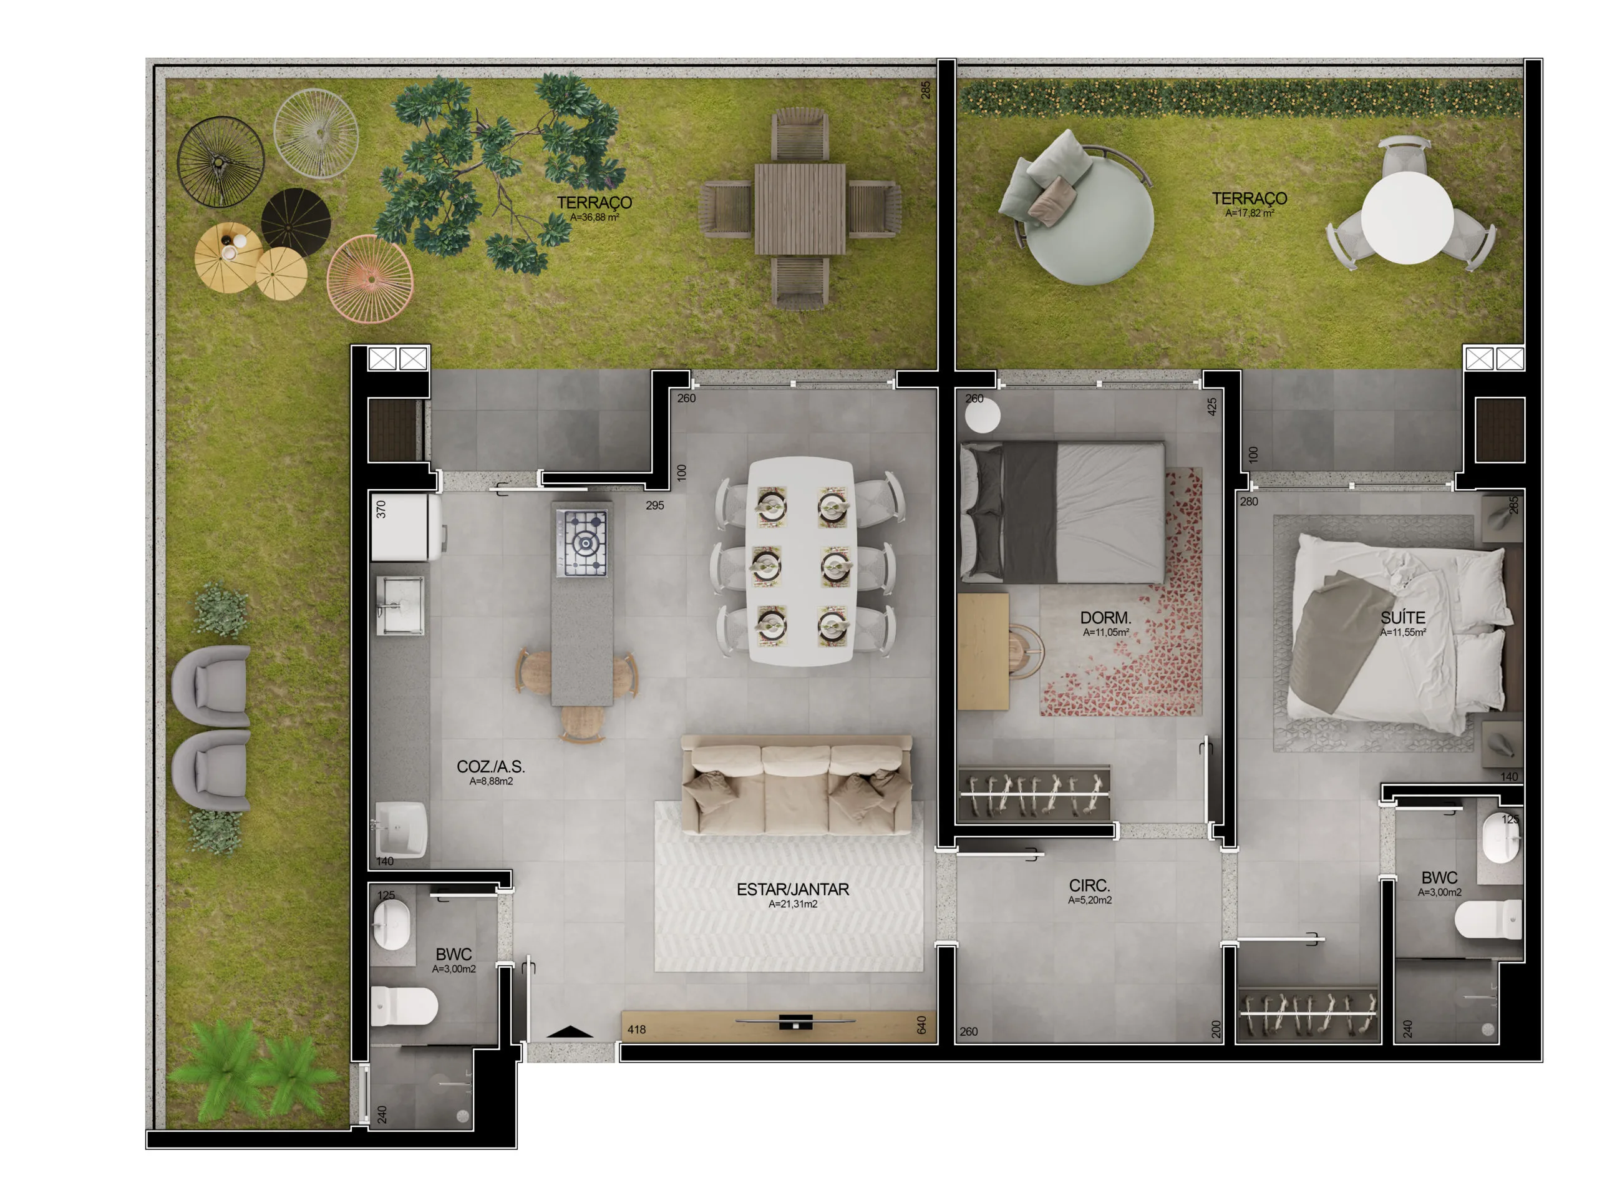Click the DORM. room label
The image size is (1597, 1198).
tap(1105, 618)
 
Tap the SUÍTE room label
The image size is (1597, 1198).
tap(1402, 618)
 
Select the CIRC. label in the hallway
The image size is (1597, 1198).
tap(1089, 885)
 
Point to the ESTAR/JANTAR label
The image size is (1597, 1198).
tap(792, 890)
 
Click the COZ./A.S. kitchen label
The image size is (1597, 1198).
tap(490, 767)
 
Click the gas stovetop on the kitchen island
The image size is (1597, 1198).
tap(582, 542)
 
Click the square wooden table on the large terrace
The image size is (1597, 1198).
tap(800, 208)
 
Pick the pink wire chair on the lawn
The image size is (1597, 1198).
tap(370, 278)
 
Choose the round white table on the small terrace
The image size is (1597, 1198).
tap(1407, 217)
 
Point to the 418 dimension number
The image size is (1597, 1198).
tap(636, 1030)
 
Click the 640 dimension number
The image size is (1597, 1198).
tap(921, 1025)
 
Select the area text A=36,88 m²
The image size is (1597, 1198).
tap(594, 217)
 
